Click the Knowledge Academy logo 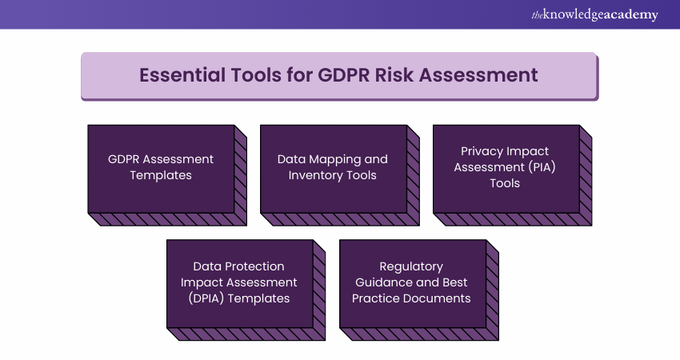[594, 14]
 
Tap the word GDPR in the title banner [343, 75]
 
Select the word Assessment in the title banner [478, 75]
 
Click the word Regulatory [411, 266]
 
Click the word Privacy [482, 151]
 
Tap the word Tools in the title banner [256, 75]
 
